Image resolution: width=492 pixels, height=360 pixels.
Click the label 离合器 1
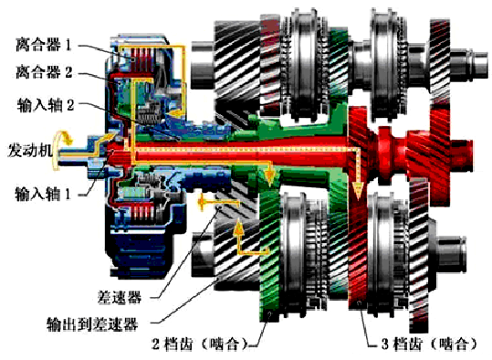[x=44, y=45]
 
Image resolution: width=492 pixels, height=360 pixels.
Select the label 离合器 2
[x=44, y=72]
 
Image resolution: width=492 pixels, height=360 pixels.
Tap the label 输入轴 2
[x=46, y=105]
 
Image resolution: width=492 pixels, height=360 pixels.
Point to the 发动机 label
[x=29, y=151]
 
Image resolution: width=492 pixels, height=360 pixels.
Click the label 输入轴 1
[x=43, y=194]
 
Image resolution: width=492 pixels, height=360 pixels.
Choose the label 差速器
[x=120, y=296]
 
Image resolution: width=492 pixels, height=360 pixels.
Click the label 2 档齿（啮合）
[x=200, y=344]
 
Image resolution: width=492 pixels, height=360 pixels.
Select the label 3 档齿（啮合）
[x=429, y=344]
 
